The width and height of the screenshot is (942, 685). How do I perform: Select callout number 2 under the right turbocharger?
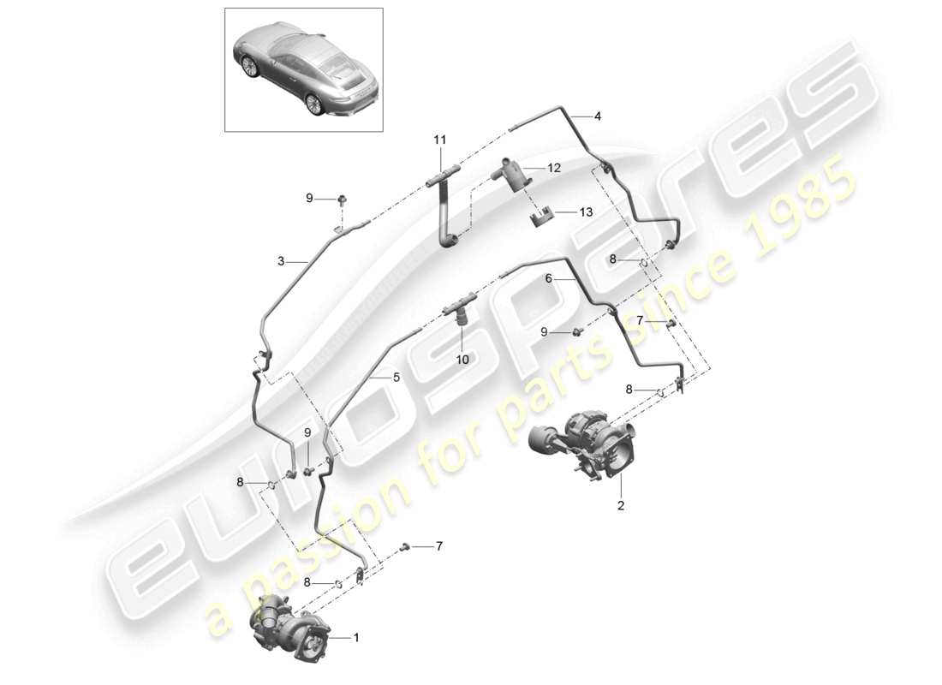622,506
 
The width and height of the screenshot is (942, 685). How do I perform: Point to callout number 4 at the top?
598,116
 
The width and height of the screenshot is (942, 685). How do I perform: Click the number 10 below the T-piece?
462,360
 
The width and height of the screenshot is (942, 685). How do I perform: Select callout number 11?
439,140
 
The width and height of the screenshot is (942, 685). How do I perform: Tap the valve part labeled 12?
512,176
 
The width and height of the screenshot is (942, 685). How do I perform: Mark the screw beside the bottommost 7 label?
405,546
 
